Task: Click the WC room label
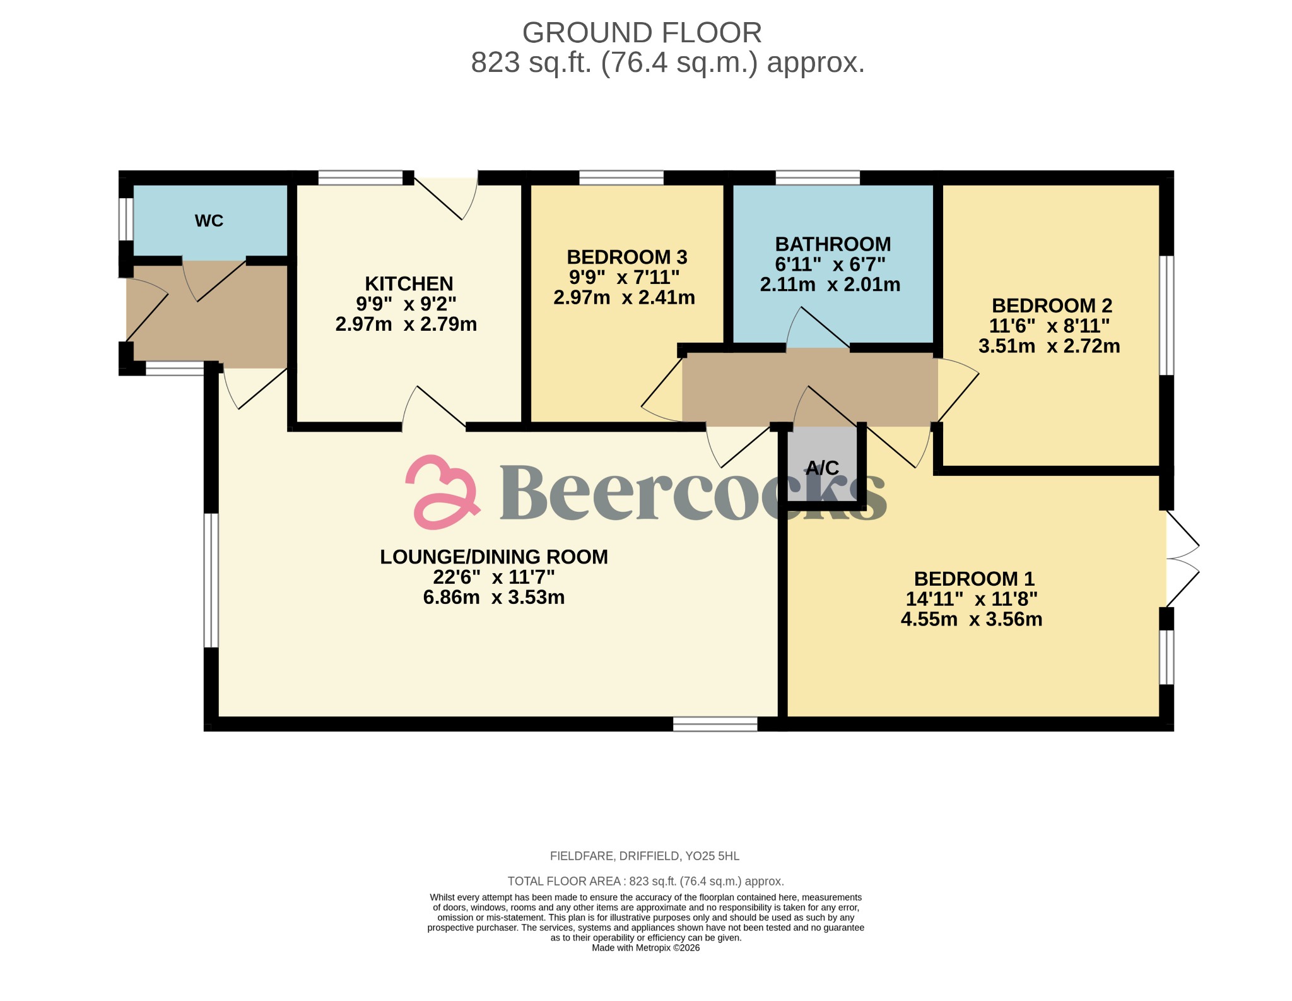209,221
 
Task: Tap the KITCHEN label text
409,283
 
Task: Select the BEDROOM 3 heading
626,257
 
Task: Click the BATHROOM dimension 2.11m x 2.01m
830,285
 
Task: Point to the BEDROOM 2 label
1052,305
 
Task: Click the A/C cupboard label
822,468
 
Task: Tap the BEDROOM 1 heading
974,579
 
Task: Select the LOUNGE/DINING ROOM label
493,557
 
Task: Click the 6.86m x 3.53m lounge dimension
493,597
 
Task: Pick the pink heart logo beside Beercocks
442,492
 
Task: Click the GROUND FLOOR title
642,33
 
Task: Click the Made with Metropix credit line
645,948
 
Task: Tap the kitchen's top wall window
360,178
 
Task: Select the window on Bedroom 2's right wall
1167,315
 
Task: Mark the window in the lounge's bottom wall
715,724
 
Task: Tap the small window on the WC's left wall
126,219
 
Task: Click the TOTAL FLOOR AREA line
645,881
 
